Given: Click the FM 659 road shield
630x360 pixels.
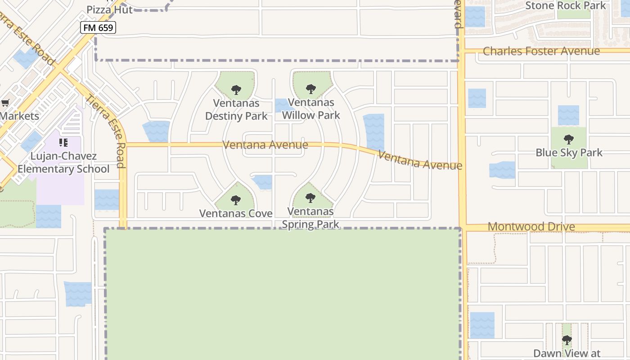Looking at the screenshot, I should (x=98, y=27).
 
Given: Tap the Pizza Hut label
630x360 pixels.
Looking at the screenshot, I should (x=109, y=9).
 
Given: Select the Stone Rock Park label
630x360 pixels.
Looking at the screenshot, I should (x=566, y=6).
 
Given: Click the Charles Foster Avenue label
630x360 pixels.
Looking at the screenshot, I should (x=541, y=51).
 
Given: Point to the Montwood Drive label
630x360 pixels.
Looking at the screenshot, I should (x=531, y=226).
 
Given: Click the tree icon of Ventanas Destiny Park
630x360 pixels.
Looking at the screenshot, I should (x=236, y=90).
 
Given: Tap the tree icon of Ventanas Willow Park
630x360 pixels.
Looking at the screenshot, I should (x=310, y=89).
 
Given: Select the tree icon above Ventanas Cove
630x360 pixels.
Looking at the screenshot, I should (x=235, y=200).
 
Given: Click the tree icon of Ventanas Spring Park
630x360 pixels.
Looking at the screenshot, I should (x=310, y=198).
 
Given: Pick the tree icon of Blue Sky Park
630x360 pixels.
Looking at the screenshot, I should (x=568, y=139).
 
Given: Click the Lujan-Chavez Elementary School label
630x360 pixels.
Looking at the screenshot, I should (x=63, y=163).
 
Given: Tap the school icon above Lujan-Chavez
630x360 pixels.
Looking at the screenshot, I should (x=63, y=143).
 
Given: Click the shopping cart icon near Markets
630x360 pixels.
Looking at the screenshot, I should (x=5, y=103).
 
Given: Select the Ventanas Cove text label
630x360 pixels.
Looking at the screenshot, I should (x=236, y=213).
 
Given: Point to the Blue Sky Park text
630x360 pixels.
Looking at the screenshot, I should (x=569, y=153).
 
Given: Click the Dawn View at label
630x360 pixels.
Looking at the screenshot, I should (x=567, y=354).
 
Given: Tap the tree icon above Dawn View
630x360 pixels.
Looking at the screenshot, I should (x=567, y=340).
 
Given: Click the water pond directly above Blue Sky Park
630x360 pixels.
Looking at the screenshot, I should (x=568, y=115).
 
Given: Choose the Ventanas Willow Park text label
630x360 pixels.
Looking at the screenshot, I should (x=311, y=109).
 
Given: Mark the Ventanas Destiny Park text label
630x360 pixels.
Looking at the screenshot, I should (x=236, y=109).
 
